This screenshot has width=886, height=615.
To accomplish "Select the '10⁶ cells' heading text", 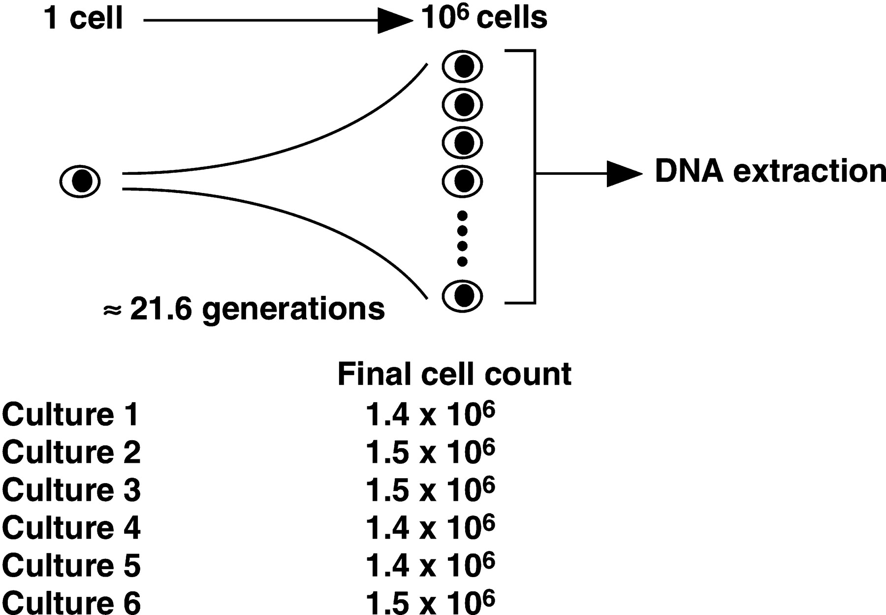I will (x=484, y=18).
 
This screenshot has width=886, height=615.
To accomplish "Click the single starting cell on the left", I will (x=80, y=181).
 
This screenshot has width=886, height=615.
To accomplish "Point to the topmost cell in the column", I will (x=462, y=66).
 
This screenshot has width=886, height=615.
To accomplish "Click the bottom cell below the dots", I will (x=462, y=295).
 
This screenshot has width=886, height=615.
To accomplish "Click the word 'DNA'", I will (x=689, y=171).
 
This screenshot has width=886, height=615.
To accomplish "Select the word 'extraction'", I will (x=809, y=171).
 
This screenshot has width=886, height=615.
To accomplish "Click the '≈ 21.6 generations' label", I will (x=244, y=309).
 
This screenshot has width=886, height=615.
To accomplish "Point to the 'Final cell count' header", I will (x=454, y=374).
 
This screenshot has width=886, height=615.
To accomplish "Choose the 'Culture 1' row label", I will (x=71, y=415).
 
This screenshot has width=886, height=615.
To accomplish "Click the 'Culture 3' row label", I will (x=71, y=490).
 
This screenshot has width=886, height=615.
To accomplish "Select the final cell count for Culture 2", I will (x=430, y=452).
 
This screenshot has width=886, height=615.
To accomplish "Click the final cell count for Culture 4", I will (x=430, y=527).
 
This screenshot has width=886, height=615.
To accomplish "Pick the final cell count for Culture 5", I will (x=430, y=565).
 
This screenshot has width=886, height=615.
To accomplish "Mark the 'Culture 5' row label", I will (x=71, y=565).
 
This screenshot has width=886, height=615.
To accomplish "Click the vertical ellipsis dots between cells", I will (x=462, y=238).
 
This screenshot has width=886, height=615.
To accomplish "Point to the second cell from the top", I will (x=462, y=104).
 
